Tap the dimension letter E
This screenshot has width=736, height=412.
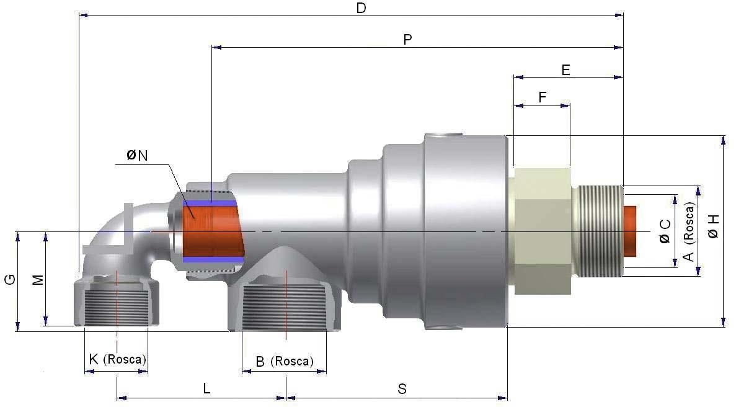565,69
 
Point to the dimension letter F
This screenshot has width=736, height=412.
543,97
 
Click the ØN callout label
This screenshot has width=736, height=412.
137,156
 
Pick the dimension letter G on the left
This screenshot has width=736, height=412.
9,280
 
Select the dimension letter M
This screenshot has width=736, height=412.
38,280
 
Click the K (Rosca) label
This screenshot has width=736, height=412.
117,359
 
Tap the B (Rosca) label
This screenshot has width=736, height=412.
284,361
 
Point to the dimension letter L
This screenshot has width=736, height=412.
207,389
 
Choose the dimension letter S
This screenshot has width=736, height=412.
402,389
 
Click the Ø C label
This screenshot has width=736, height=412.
664,231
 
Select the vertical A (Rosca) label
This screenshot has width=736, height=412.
688,231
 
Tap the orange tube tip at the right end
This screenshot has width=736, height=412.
630,231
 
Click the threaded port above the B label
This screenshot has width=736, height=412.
285,308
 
